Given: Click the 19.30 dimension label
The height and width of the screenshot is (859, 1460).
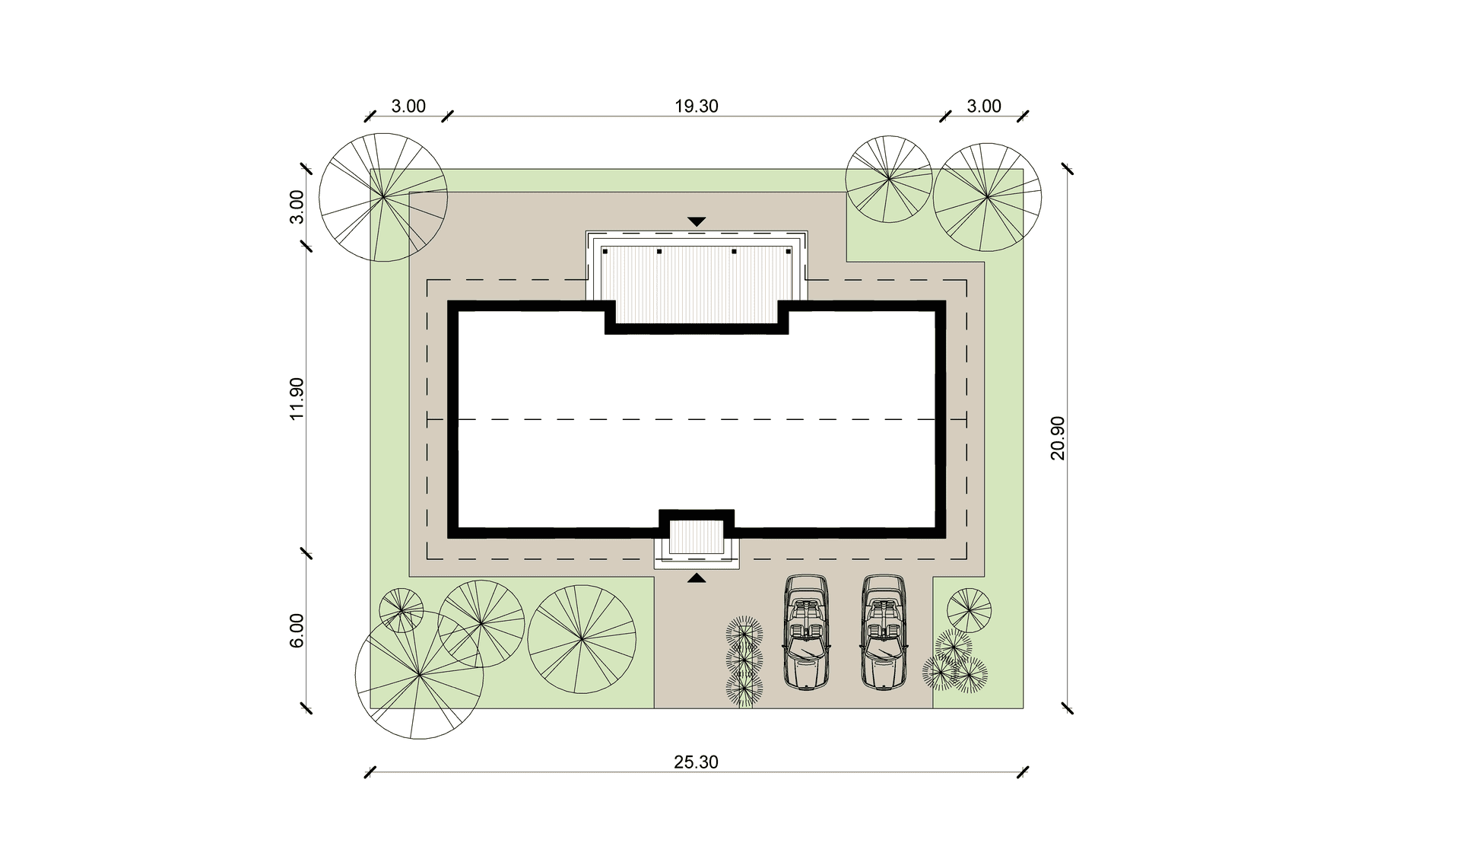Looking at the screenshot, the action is point(696,107).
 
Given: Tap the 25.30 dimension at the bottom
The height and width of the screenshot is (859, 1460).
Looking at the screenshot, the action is point(696,762).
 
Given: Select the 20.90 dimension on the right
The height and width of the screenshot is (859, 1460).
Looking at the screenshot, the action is point(1058,438).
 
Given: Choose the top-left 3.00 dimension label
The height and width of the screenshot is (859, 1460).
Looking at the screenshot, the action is point(408,107).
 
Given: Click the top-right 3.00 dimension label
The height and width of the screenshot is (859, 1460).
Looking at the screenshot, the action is point(984,107).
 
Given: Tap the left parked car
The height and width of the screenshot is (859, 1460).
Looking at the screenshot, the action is point(807,632).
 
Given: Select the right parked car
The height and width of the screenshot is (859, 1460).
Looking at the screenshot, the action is point(884,632).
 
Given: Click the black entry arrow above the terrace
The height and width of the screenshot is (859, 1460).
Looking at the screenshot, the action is point(697,221).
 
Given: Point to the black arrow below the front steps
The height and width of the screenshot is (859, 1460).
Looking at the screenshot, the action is point(697,578).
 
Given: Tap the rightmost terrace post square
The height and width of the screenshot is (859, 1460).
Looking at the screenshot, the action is point(789,251).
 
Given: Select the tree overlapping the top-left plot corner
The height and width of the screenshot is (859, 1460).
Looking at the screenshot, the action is point(383,197).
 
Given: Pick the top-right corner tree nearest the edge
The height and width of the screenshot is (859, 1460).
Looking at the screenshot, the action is point(987,197).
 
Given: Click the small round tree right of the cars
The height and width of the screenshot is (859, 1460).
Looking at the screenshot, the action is point(969,610).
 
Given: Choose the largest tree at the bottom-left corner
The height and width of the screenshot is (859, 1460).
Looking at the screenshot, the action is point(419,675).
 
